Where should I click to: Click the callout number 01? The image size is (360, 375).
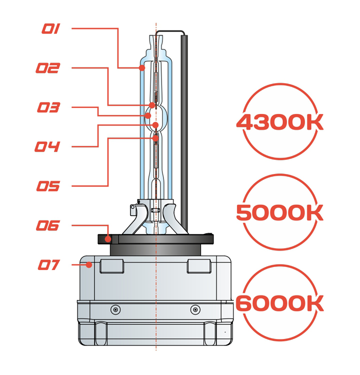pyautogui.click(x=51, y=28)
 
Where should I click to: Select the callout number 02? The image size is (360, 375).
pyautogui.click(x=48, y=68)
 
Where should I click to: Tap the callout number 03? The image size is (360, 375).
pyautogui.click(x=48, y=107)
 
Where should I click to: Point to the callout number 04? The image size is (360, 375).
pyautogui.click(x=47, y=146)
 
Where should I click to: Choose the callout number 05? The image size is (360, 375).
pyautogui.click(x=48, y=186)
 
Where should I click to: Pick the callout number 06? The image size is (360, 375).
pyautogui.click(x=48, y=225)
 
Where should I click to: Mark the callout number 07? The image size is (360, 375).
pyautogui.click(x=49, y=264)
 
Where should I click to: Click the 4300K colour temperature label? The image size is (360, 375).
pyautogui.click(x=280, y=122)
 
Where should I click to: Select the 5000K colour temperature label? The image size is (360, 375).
pyautogui.click(x=280, y=212)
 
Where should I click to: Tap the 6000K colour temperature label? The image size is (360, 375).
pyautogui.click(x=280, y=303)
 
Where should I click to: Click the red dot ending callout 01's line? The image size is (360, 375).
pyautogui.click(x=142, y=68)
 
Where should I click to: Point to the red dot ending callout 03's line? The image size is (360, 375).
pyautogui.click(x=148, y=116)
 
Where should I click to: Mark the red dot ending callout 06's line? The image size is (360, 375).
pyautogui.click(x=108, y=239)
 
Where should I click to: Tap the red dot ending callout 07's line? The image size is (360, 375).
pyautogui.click(x=89, y=264)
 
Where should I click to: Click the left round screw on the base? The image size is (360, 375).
pyautogui.click(x=115, y=309)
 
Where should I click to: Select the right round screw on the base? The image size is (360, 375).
pyautogui.click(x=195, y=309)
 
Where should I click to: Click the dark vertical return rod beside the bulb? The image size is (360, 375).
pyautogui.click(x=184, y=134)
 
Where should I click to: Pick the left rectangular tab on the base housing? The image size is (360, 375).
pyautogui.click(x=111, y=266)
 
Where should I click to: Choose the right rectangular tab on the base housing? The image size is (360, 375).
pyautogui.click(x=199, y=266)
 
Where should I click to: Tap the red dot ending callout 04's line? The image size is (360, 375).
pyautogui.click(x=155, y=125)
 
